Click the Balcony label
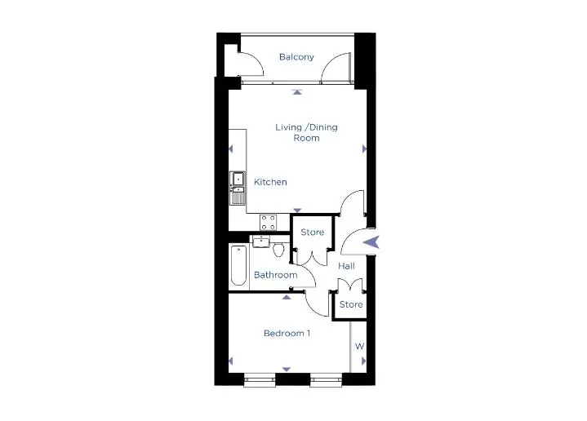pyautogui.click(x=296, y=57)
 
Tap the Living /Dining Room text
pyautogui.click(x=307, y=132)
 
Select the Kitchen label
pyautogui.click(x=270, y=182)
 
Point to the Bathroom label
pyautogui.click(x=275, y=275)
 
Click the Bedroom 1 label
pyautogui.click(x=287, y=333)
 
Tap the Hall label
pyautogui.click(x=346, y=266)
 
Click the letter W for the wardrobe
pyautogui.click(x=359, y=346)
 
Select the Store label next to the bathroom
pyautogui.click(x=312, y=232)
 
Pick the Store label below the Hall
pyautogui.click(x=351, y=304)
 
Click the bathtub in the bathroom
pyautogui.click(x=238, y=265)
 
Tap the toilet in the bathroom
pyautogui.click(x=278, y=249)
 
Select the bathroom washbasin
pyautogui.click(x=261, y=242)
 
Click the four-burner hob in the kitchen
pyautogui.click(x=269, y=222)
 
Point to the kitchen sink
pyautogui.click(x=238, y=188)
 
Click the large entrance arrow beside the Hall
pyautogui.click(x=371, y=242)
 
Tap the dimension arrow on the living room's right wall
pyautogui.click(x=364, y=149)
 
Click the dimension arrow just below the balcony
pyautogui.click(x=297, y=92)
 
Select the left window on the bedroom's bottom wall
pyautogui.click(x=260, y=380)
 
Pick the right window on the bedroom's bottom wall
pyautogui.click(x=326, y=380)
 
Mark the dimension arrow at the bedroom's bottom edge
pyautogui.click(x=287, y=370)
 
